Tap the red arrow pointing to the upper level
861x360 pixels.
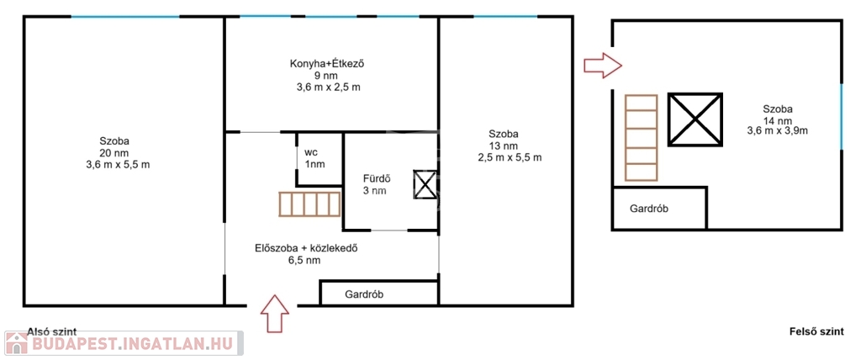click(x=602, y=66)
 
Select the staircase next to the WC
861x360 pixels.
click(x=310, y=204)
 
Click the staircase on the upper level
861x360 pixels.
click(x=641, y=137)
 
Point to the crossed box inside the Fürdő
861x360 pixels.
click(x=425, y=185)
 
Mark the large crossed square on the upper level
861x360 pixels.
click(x=695, y=119)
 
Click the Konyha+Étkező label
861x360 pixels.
click(x=327, y=64)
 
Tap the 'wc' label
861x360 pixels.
click(x=311, y=152)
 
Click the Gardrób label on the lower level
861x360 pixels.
click(x=364, y=294)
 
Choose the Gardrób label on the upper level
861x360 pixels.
click(x=649, y=209)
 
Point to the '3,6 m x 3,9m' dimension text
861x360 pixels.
click(x=777, y=131)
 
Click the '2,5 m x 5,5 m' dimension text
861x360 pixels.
click(x=510, y=158)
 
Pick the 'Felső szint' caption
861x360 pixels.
click(x=816, y=331)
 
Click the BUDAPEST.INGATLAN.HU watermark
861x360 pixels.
click(x=124, y=343)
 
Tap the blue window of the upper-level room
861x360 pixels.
click(x=841, y=116)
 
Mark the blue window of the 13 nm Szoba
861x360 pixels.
click(x=505, y=17)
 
